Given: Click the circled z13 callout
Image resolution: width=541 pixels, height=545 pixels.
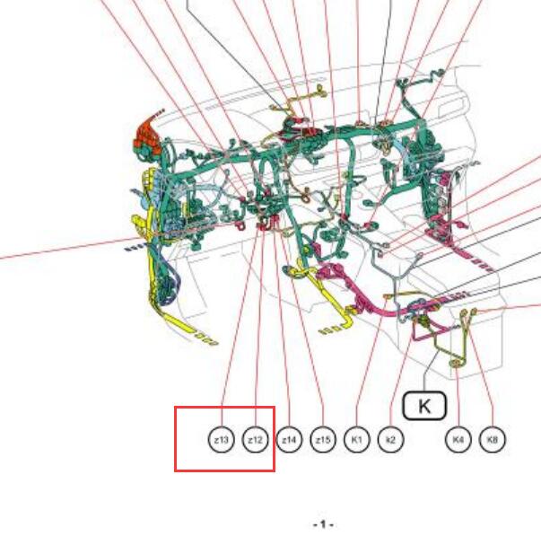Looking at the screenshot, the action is tap(222, 440).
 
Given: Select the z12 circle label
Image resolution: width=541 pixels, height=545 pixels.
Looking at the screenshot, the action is tap(255, 440).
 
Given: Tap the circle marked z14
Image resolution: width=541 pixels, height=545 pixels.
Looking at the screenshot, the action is tap(289, 440).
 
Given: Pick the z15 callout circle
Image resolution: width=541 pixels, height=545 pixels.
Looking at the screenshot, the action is tap(323, 440).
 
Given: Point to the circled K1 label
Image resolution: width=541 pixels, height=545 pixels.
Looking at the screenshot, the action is tap(356, 440).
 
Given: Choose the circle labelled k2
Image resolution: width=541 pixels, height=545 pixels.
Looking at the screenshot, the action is tap(390, 440).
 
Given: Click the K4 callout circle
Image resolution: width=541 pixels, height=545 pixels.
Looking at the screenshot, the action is tap(458, 440).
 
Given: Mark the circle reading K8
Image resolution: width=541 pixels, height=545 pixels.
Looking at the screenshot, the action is tap(493, 440).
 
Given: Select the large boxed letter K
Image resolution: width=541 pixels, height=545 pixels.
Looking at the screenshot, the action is tap(424, 406).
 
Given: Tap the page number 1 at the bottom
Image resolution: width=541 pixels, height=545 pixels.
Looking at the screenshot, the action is tap(323, 524).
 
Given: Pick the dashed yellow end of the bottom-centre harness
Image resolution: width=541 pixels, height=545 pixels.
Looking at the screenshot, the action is tap(330, 330).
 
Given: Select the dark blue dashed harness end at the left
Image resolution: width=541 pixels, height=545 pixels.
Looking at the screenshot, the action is tap(134, 248).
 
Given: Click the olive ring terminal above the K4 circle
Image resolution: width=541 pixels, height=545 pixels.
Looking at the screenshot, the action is tap(455, 364).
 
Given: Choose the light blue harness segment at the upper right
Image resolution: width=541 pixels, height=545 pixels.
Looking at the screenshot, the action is tap(400, 145).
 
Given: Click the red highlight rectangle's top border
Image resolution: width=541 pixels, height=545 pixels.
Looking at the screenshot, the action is tap(224, 407).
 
